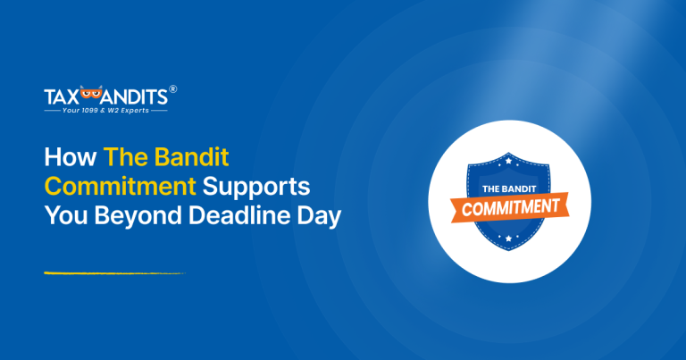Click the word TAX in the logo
point(61,96)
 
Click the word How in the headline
point(70,159)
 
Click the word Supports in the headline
point(258,188)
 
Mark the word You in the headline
point(66,218)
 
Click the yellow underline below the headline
point(113,273)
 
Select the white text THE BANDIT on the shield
point(507,188)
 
